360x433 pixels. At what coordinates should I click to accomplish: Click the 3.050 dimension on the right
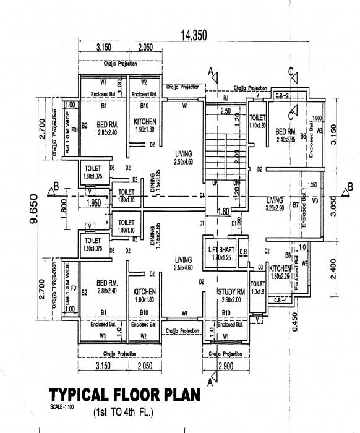[335, 205]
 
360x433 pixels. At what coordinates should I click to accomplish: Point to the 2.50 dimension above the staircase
[225, 111]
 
